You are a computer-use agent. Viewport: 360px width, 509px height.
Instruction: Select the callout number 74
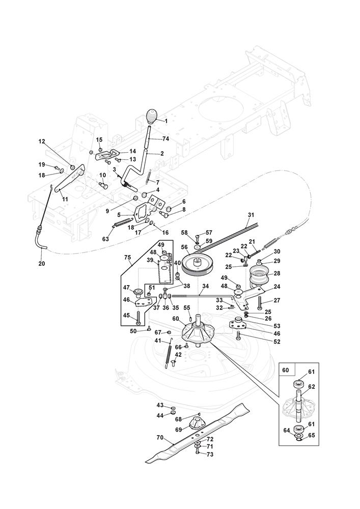tap(165, 138)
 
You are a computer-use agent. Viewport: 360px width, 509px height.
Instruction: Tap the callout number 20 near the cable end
tap(41, 263)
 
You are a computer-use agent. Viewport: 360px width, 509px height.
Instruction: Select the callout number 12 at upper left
tap(42, 142)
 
